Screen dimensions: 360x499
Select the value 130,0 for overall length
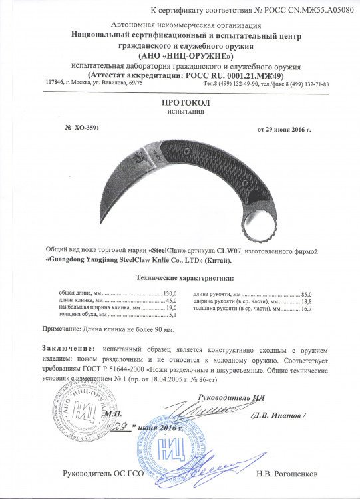pyautogui.click(x=172, y=293)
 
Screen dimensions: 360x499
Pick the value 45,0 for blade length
pyautogui.click(x=172, y=301)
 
